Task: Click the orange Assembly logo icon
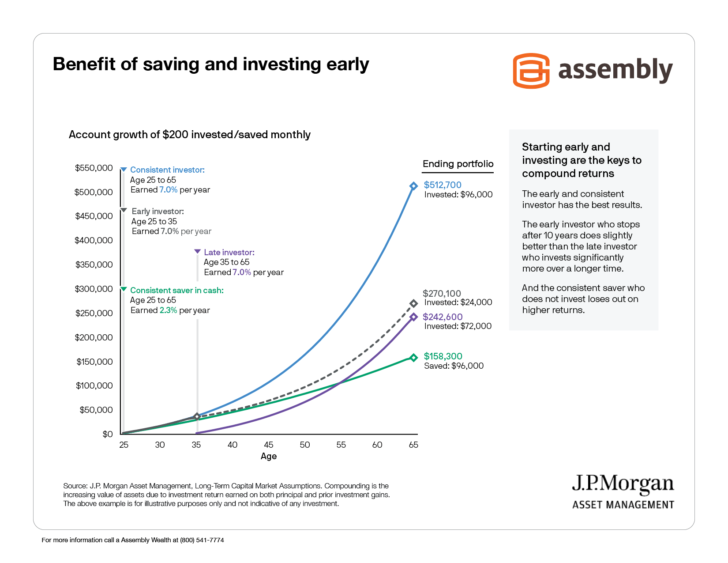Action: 531,71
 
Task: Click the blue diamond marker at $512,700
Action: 413,186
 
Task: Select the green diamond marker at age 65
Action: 413,357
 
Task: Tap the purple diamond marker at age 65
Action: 413,317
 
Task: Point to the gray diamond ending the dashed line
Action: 413,303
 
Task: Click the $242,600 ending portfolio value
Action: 443,317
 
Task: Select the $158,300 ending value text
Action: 443,356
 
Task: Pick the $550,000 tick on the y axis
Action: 94,168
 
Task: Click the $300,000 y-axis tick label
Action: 94,289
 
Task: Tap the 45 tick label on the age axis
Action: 268,445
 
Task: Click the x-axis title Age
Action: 268,456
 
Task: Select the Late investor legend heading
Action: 229,252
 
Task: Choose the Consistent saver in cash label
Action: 176,290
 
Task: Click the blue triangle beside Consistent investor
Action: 124,170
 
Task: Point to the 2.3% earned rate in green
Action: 168,310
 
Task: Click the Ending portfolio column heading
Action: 458,164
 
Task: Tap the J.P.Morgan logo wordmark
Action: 623,484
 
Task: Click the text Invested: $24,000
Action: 458,302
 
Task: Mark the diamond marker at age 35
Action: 197,416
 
